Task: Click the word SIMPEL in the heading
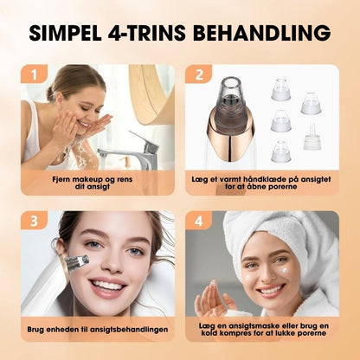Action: tap(65, 32)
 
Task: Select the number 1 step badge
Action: tap(34, 74)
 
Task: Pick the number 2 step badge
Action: tap(199, 74)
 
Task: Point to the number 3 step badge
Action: tap(34, 221)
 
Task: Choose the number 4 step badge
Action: tap(199, 221)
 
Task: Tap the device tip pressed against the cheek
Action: tap(76, 260)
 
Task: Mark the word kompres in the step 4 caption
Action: tap(228, 333)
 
